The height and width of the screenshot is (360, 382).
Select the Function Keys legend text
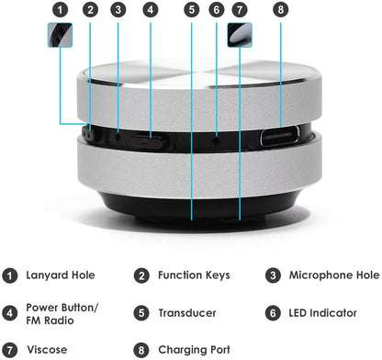[193, 275]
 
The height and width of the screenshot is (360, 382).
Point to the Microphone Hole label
[333, 275]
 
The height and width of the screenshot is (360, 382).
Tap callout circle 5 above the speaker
[191, 11]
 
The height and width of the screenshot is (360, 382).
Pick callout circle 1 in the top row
[60, 11]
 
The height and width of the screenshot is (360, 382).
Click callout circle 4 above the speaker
[150, 11]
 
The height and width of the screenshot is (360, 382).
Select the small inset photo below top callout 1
[60, 36]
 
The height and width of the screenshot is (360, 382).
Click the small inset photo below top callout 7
[240, 36]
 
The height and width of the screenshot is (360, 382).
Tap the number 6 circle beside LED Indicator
[273, 313]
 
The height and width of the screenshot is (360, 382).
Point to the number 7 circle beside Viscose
[11, 350]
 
